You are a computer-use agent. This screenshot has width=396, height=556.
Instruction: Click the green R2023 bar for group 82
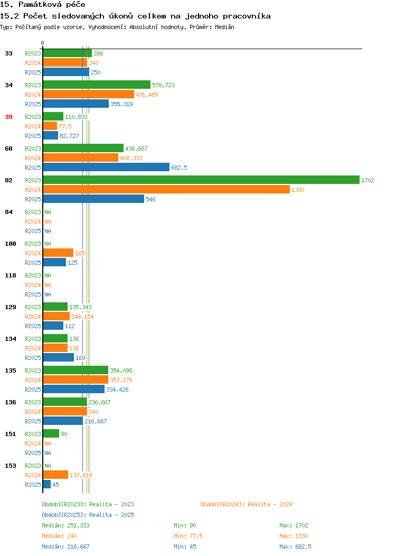201,180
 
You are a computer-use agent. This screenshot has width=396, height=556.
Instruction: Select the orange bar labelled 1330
166,190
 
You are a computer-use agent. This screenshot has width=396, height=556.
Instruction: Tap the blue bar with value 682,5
106,168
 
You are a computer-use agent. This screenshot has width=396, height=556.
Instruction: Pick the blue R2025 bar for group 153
47,484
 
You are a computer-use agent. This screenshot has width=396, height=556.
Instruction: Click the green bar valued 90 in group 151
51,434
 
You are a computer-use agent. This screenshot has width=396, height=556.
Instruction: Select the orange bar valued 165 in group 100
58,253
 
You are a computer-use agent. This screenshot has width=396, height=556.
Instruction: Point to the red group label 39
9,117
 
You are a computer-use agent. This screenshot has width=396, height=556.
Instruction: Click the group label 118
11,275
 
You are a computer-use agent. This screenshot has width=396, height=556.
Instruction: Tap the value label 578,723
163,85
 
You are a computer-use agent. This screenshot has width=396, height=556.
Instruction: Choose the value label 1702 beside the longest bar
367,180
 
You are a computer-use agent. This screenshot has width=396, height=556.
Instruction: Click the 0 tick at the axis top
43,43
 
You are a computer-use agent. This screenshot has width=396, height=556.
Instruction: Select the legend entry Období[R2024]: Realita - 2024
246,504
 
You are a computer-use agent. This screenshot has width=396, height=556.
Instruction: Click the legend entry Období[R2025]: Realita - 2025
88,515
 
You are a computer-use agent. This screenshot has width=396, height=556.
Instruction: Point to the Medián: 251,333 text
65,525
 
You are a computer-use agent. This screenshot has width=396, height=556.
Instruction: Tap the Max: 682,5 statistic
295,547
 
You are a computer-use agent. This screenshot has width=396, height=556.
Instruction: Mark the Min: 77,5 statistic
188,536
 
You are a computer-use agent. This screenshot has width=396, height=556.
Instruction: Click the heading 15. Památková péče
43,5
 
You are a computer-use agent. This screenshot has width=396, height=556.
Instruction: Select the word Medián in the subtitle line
224,27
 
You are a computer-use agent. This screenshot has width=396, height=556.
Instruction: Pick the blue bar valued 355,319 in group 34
76,104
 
